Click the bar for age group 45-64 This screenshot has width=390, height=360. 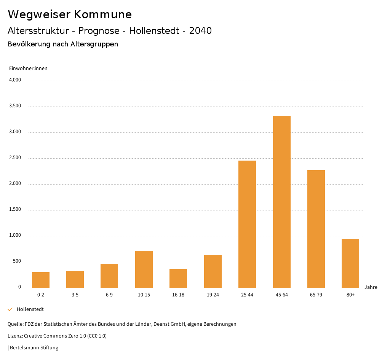[281, 202]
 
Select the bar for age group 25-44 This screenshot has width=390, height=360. [247, 224]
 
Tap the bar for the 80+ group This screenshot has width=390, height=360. [350, 263]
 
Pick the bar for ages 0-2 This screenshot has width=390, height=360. [41, 280]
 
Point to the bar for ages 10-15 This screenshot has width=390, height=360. [144, 269]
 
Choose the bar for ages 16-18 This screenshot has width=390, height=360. [178, 279]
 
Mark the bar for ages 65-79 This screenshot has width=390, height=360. [316, 229]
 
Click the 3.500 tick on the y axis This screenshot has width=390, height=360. [15, 106]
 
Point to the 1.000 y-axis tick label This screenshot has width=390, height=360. [15, 235]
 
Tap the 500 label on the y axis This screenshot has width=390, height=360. [17, 261]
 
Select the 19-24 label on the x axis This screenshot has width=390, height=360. [213, 295]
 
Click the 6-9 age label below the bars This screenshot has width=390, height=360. [109, 295]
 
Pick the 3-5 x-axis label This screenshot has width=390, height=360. [75, 295]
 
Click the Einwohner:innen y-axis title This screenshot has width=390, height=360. [28, 68]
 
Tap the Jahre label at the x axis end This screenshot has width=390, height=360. [371, 287]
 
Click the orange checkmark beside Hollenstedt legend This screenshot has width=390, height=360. [10, 309]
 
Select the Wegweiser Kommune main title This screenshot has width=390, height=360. [70, 14]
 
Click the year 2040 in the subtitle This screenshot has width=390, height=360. [200, 31]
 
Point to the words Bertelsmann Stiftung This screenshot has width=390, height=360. [34, 347]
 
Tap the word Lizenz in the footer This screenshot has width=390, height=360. [15, 336]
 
